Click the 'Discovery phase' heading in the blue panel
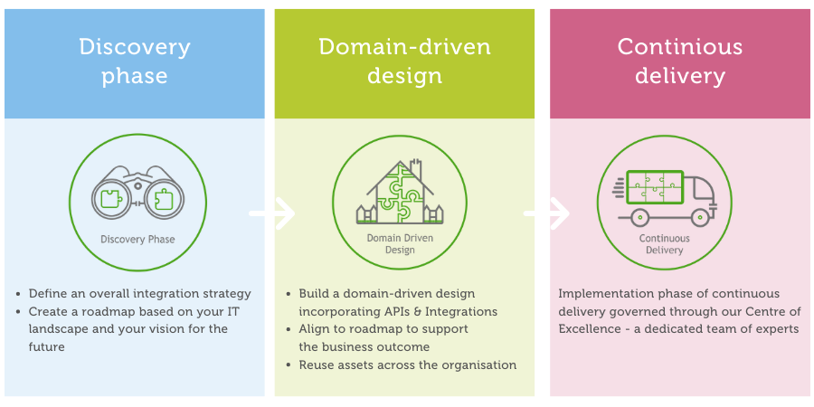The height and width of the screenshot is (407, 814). (135, 61)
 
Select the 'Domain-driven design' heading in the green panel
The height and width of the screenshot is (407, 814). (405, 61)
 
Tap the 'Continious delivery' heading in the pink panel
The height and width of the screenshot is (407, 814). (680, 61)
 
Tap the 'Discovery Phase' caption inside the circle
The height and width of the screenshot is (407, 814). (138, 240)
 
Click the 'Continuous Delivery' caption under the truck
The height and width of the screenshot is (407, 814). (665, 244)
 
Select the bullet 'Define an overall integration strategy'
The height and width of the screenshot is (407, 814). (139, 294)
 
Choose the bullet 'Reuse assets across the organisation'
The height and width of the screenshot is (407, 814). (407, 365)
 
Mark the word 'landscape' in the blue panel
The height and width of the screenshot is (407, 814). (60, 329)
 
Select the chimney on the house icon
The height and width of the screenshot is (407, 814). (417, 169)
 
